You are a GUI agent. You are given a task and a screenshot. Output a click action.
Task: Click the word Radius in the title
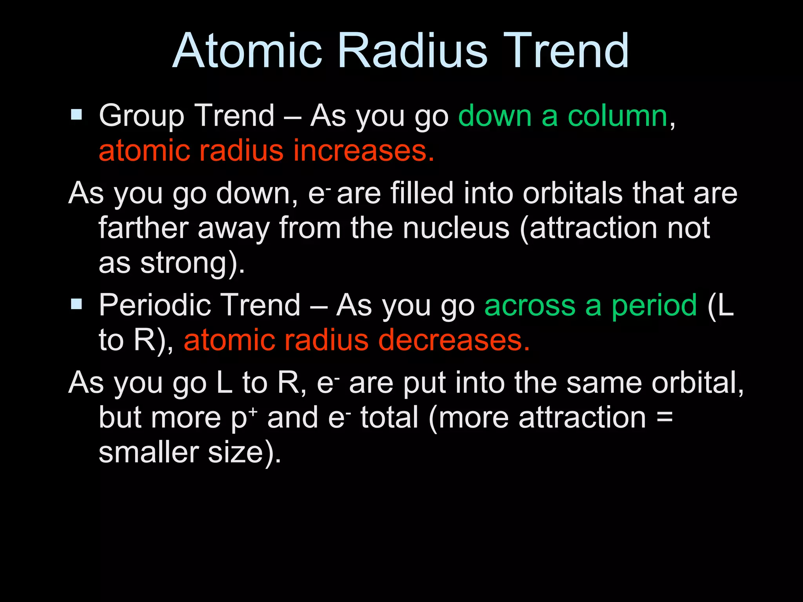(412, 51)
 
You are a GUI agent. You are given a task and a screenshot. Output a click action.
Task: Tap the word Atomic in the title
(247, 51)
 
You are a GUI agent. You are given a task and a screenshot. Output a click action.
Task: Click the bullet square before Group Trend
(76, 115)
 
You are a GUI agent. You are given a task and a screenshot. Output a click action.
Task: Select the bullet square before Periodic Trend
(76, 304)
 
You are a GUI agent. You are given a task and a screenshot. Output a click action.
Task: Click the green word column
(618, 116)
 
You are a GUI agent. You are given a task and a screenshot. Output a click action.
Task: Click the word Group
(141, 116)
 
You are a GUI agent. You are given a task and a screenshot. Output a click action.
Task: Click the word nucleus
(456, 228)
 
